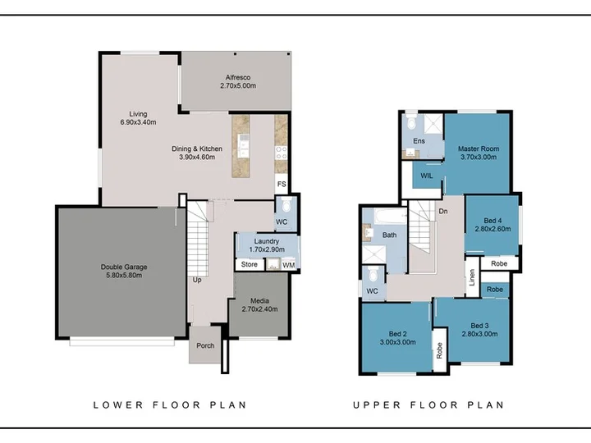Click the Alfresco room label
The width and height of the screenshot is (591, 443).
pyautogui.click(x=238, y=78)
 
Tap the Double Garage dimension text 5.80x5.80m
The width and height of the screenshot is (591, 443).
pyautogui.click(x=124, y=276)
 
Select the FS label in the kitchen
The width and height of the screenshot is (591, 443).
pyautogui.click(x=282, y=185)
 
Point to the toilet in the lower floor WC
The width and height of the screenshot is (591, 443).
pyautogui.click(x=286, y=205)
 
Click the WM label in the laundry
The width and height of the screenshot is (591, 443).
pyautogui.click(x=289, y=265)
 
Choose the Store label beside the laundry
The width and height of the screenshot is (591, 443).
pyautogui.click(x=250, y=264)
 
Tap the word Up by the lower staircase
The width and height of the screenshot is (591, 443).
pyautogui.click(x=197, y=281)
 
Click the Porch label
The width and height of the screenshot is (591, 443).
pyautogui.click(x=205, y=345)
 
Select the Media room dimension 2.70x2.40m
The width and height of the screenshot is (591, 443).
pyautogui.click(x=259, y=309)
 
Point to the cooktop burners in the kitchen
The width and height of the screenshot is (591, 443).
pyautogui.click(x=282, y=153)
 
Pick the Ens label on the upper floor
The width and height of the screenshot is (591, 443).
pyautogui.click(x=419, y=141)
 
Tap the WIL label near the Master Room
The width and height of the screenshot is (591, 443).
pyautogui.click(x=427, y=176)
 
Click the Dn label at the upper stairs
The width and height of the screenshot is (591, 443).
pyautogui.click(x=443, y=212)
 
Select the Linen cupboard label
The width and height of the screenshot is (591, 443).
pyautogui.click(x=472, y=277)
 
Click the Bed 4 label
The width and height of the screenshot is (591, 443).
pyautogui.click(x=492, y=221)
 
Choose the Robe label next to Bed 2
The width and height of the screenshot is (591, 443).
pyautogui.click(x=439, y=351)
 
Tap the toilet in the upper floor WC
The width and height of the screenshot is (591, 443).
pyautogui.click(x=373, y=274)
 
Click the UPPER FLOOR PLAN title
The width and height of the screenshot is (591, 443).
pyautogui.click(x=428, y=405)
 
